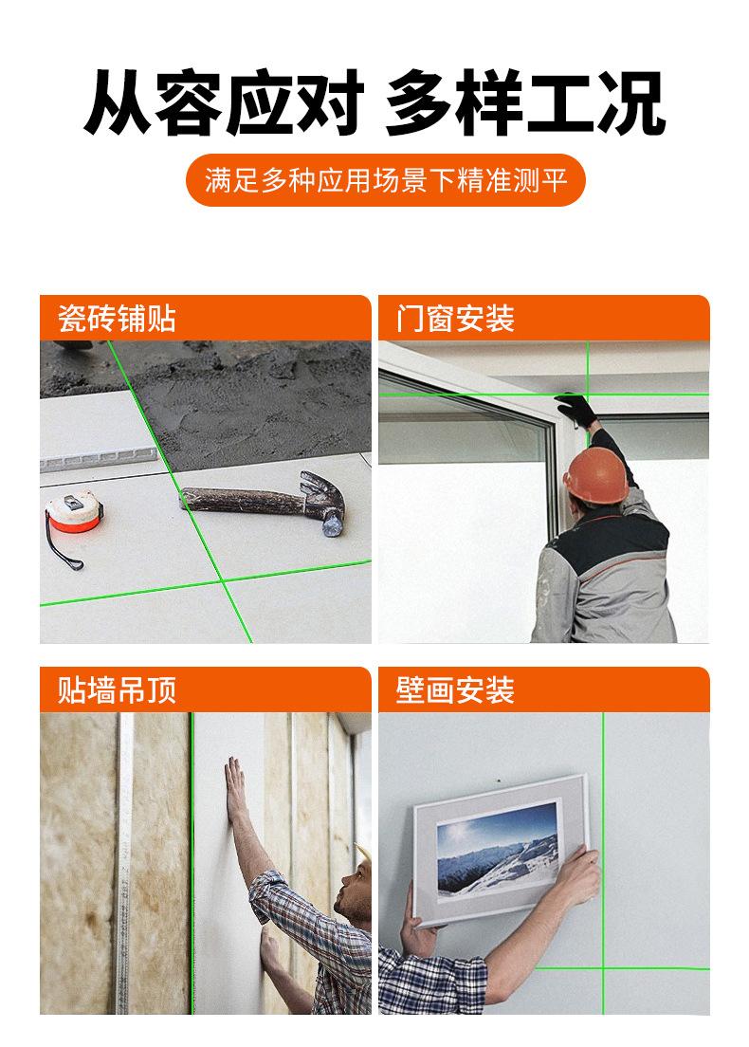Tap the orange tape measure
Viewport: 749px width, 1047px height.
[x=73, y=511]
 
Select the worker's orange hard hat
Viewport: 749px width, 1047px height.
[x=596, y=475]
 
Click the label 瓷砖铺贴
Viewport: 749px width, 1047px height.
[x=117, y=319]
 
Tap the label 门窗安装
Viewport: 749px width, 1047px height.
[x=455, y=319]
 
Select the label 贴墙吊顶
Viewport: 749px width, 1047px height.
[x=117, y=689]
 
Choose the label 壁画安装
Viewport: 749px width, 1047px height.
[x=455, y=689]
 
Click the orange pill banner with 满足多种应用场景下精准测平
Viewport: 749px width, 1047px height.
[x=385, y=180]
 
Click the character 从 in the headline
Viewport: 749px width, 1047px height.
[x=119, y=102]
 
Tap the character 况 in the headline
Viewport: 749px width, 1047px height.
[x=630, y=102]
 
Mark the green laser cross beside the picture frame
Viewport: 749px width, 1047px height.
[x=603, y=968]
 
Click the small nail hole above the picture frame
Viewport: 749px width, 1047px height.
[x=498, y=780]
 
